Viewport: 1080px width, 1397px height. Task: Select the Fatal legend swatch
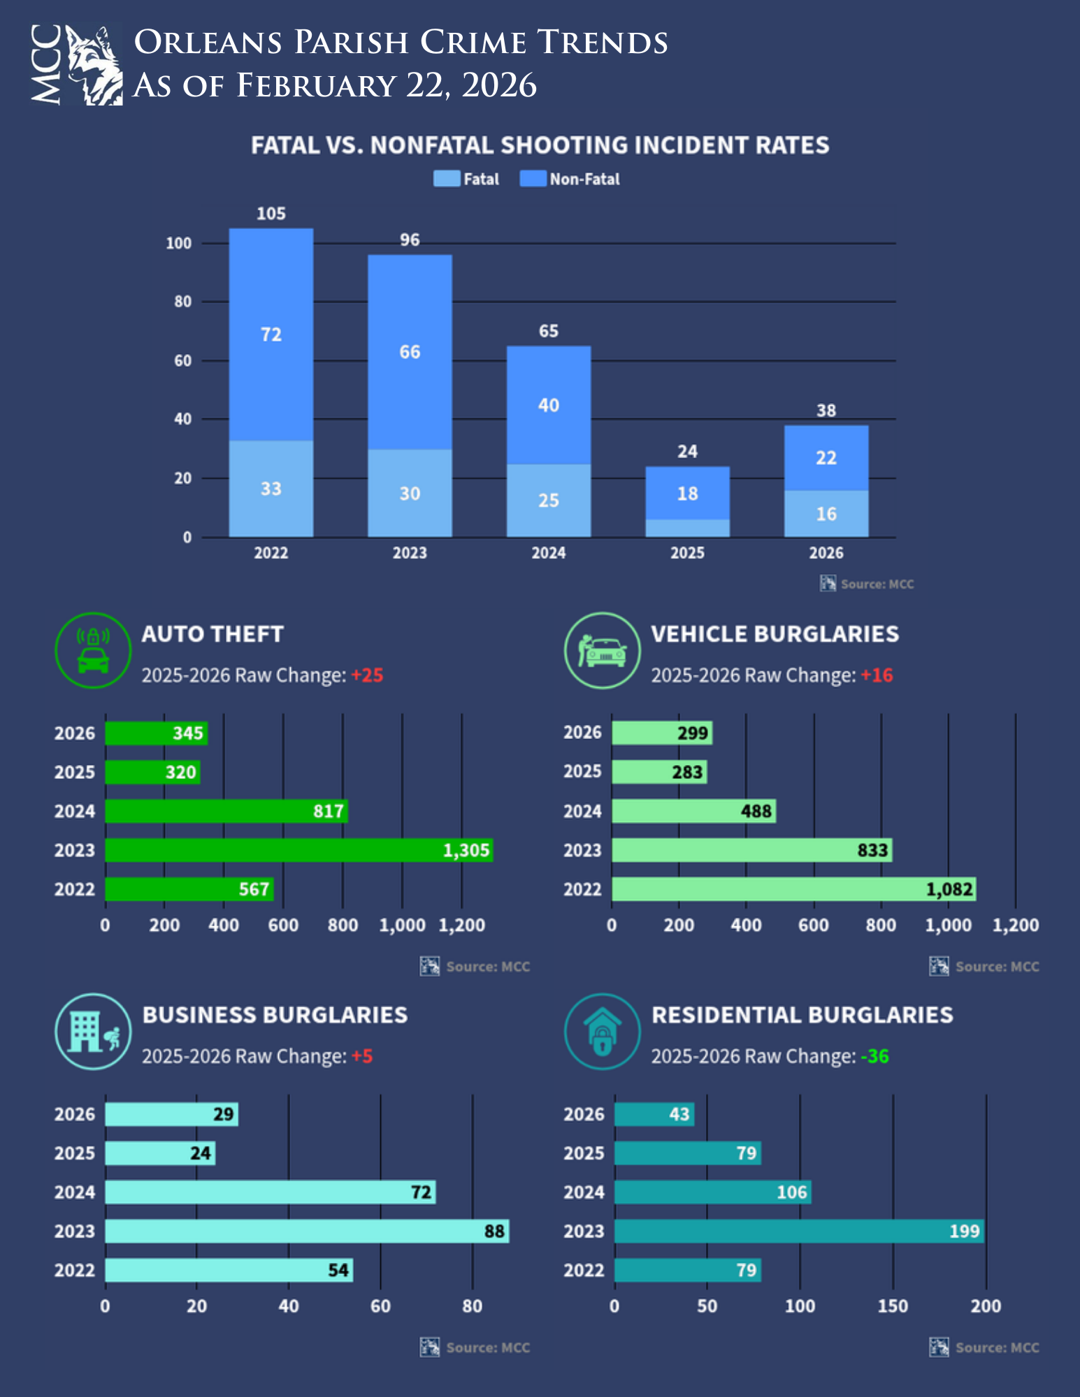coord(446,179)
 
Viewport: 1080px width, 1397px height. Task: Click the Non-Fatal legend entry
coord(570,179)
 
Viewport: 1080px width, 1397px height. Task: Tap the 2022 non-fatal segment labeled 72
coord(271,334)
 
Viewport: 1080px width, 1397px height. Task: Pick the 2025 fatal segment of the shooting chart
coord(687,528)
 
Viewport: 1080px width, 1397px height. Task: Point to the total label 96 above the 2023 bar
coord(410,240)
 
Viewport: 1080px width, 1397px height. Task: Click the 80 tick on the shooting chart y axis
coord(182,302)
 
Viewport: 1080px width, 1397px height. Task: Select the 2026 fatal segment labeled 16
coord(826,513)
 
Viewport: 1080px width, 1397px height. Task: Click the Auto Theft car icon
coord(93,650)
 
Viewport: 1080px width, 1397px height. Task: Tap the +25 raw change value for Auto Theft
coord(367,675)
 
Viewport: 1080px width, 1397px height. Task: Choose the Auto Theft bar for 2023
coord(298,850)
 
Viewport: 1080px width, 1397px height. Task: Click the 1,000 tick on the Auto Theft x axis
coord(402,926)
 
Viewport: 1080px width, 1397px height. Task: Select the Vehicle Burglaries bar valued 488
coord(693,811)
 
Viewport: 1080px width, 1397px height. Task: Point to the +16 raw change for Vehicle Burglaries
coord(877,675)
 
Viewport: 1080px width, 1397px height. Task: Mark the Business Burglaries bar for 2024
coord(270,1192)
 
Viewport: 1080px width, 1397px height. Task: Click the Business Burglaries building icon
coord(93,1031)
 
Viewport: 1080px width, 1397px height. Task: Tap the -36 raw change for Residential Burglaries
coord(874,1056)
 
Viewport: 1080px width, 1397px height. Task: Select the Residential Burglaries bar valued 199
coord(798,1231)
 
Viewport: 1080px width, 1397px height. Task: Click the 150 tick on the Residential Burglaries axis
coord(893,1306)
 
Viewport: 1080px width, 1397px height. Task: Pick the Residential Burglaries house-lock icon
coord(602,1031)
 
